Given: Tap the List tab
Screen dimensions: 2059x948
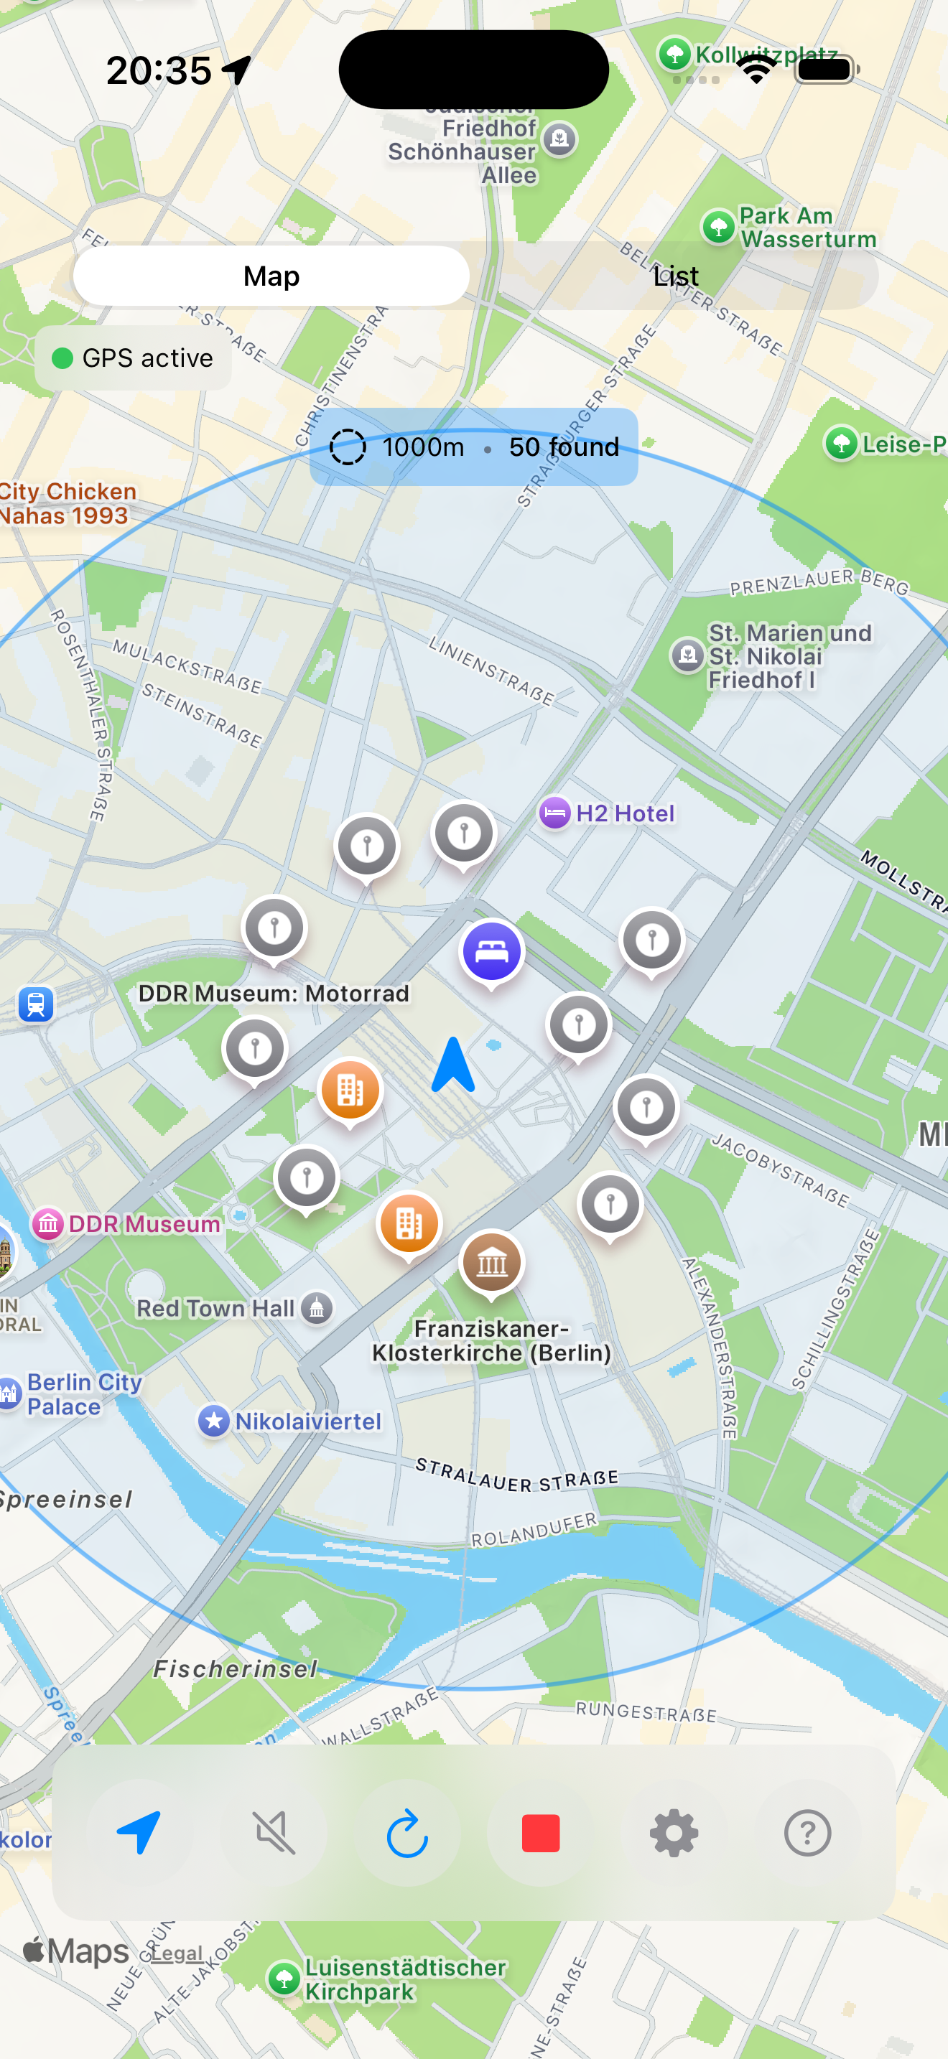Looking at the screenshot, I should (x=675, y=276).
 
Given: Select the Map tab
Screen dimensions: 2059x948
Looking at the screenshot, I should (x=271, y=276).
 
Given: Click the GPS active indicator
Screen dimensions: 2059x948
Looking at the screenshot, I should (x=134, y=358).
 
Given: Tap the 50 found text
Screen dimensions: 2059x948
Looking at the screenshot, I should (x=564, y=447).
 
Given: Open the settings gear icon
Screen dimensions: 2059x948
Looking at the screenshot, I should (x=673, y=1833).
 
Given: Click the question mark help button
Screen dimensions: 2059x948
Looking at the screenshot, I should (x=807, y=1833).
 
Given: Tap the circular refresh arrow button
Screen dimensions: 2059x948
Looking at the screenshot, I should (x=407, y=1833).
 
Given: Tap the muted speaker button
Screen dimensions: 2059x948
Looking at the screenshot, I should (x=274, y=1833).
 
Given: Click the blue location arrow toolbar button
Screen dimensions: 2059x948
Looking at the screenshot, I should (x=140, y=1831).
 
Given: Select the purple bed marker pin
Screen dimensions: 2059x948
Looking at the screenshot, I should (x=491, y=951).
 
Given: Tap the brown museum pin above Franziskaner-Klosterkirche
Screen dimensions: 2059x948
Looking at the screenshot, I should (x=491, y=1262).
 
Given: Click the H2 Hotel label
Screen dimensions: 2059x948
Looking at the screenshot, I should (x=624, y=813).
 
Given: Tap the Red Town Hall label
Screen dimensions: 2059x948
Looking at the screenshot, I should (x=216, y=1309).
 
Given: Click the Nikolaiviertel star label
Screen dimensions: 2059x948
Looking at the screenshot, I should (x=307, y=1421).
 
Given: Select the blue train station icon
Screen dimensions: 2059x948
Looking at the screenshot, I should (x=36, y=1004).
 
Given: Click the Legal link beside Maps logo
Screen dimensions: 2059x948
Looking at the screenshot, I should (x=177, y=1953).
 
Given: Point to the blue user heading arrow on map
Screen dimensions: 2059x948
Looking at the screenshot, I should (x=453, y=1065).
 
